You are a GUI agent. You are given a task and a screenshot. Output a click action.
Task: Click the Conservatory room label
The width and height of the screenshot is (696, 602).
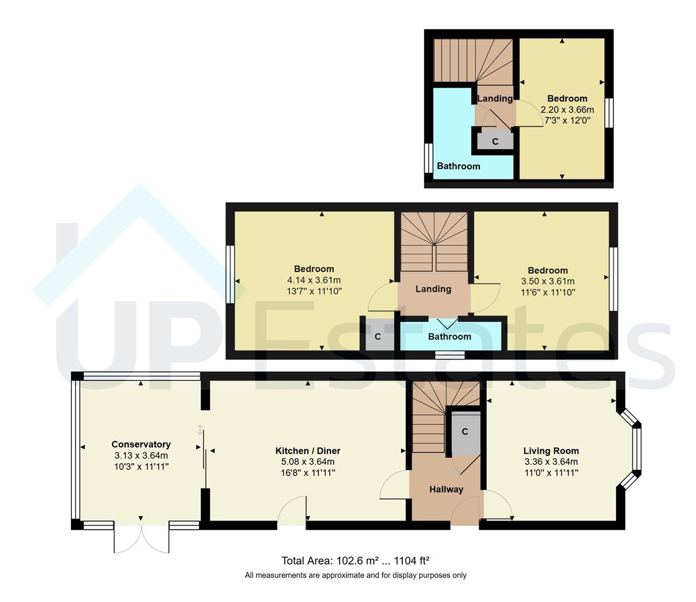[141, 444]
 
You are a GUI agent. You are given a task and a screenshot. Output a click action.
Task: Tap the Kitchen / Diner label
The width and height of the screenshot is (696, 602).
[308, 450]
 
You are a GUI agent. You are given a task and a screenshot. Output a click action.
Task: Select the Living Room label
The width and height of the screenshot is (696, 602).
[551, 450]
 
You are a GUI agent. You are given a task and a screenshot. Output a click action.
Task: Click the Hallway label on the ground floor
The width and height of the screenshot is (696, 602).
[446, 489]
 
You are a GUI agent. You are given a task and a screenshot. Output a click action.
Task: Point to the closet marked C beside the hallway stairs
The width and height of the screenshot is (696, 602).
[465, 432]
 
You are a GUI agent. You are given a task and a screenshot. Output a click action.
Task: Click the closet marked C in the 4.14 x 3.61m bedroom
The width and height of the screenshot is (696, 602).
[378, 337]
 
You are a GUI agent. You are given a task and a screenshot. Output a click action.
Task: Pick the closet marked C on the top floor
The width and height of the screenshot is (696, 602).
[495, 142]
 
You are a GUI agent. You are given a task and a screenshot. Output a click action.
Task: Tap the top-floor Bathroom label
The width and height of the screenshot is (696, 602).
[458, 166]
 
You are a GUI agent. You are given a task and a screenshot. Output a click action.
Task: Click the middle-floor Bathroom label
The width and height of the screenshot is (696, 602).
[449, 337]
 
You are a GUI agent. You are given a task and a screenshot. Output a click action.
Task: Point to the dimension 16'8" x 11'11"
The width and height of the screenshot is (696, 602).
[308, 473]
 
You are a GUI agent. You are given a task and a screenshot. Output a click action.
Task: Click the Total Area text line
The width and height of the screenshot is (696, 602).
[355, 561]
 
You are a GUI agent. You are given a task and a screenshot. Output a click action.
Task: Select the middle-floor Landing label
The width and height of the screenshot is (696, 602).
[433, 289]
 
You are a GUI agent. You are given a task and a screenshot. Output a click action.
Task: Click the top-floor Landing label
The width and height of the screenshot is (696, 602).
[495, 99]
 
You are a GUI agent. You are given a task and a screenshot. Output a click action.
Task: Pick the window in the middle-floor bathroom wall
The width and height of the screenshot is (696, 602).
[449, 355]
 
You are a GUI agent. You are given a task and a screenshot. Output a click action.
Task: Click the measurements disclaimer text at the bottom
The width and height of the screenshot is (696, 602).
[356, 575]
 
